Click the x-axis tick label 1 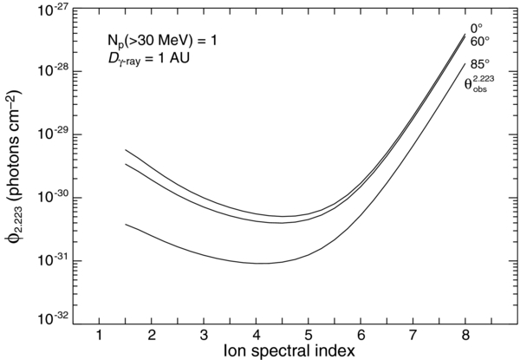click(x=100, y=336)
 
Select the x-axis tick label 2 click(x=152, y=336)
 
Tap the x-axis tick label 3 click(x=205, y=336)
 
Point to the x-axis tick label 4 click(x=257, y=336)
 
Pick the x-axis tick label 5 click(x=309, y=336)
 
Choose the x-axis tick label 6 click(x=361, y=336)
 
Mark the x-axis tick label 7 click(x=413, y=336)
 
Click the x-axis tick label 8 click(x=466, y=336)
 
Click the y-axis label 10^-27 click(x=52, y=10)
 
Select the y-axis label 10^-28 click(x=52, y=73)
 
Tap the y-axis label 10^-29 click(x=52, y=135)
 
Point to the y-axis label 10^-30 click(x=52, y=198)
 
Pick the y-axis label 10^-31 click(x=52, y=260)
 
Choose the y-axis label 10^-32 click(x=52, y=320)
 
